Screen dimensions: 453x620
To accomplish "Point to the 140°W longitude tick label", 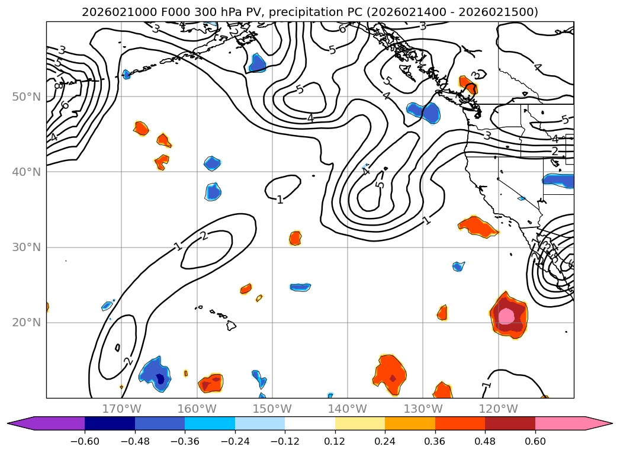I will pos(348,409).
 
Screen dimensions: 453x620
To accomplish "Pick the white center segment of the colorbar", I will pos(310,423).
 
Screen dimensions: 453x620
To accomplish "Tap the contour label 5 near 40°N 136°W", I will pos(380,184).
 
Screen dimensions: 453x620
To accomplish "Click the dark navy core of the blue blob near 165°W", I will pos(159,380).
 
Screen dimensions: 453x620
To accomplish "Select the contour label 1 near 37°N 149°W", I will pos(280,200).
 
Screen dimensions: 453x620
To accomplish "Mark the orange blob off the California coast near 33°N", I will pos(478,226).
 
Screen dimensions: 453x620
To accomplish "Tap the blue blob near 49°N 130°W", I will pos(425,112).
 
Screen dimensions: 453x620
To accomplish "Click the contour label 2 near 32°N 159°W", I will pos(204,236).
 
